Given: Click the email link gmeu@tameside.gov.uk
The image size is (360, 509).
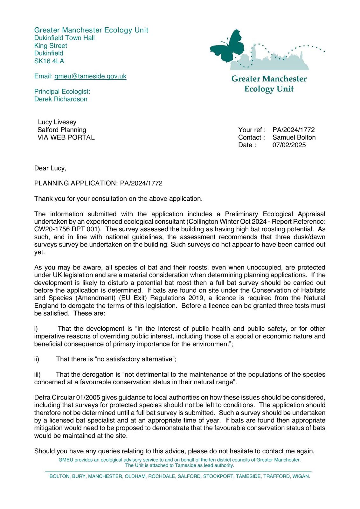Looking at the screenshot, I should tap(90, 76).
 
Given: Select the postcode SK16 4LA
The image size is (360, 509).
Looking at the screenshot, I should tap(49, 61).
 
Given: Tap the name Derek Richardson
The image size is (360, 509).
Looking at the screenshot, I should tap(61, 99).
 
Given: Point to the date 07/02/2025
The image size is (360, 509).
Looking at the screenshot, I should tap(289, 145).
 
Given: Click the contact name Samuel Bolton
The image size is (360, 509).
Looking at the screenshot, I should tap(294, 137).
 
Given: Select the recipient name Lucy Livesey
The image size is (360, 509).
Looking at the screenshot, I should tap(57, 122).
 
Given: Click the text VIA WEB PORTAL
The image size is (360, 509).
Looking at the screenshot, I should tap(66, 137).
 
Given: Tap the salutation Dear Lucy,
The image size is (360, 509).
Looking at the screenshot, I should tap(50, 168).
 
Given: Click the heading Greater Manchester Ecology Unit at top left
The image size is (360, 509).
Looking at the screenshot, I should tap(91, 30).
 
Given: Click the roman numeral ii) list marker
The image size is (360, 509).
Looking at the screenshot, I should tap(37, 359).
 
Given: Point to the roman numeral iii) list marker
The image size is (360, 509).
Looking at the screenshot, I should tap(37, 374).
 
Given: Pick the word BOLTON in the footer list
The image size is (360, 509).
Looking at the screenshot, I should tap(59, 476).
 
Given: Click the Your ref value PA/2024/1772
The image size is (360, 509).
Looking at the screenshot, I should tap(294, 129).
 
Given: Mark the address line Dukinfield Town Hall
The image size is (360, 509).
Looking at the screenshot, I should tap(65, 38).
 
